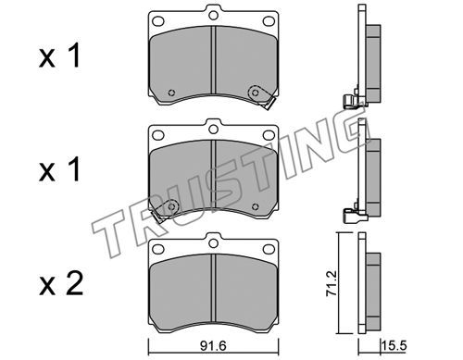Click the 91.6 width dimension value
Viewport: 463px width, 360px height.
213,346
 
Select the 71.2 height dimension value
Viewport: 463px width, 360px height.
331,284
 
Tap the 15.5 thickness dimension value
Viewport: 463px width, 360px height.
394,346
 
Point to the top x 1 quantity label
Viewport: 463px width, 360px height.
59,56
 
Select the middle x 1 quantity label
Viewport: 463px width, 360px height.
59,169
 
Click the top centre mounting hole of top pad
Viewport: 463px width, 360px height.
213,15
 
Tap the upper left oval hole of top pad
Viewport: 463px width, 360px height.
158,21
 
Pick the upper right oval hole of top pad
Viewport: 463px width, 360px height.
269,21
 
